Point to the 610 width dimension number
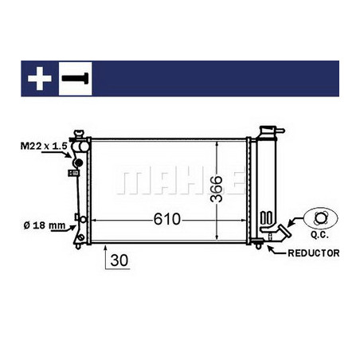tap(167, 217)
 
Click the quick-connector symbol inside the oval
tap(320, 217)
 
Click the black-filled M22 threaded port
tap(77, 165)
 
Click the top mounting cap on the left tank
tap(78, 134)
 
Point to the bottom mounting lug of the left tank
tap(80, 237)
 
